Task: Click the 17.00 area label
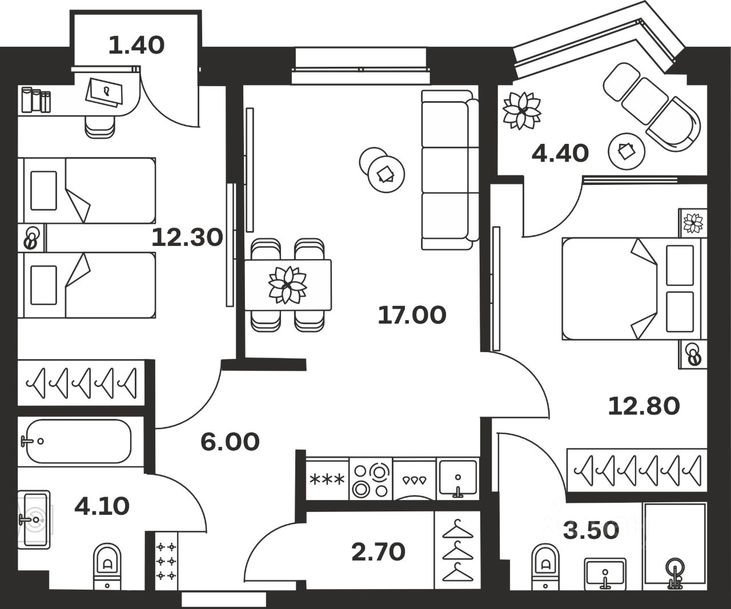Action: [x=412, y=314]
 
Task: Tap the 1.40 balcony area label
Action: [x=136, y=45]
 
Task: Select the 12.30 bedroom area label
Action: [x=187, y=237]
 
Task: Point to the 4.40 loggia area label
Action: [x=560, y=153]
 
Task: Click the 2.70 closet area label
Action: [x=379, y=551]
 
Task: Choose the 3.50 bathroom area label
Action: [x=591, y=530]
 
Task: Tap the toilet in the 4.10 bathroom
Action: [x=107, y=565]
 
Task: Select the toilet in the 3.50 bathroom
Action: [x=545, y=566]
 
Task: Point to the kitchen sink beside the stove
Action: [x=457, y=478]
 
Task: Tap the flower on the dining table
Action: [x=288, y=284]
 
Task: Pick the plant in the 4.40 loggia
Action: [x=521, y=110]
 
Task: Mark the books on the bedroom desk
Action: [x=35, y=100]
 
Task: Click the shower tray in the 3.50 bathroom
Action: [x=674, y=546]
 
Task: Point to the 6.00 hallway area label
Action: [x=230, y=441]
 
